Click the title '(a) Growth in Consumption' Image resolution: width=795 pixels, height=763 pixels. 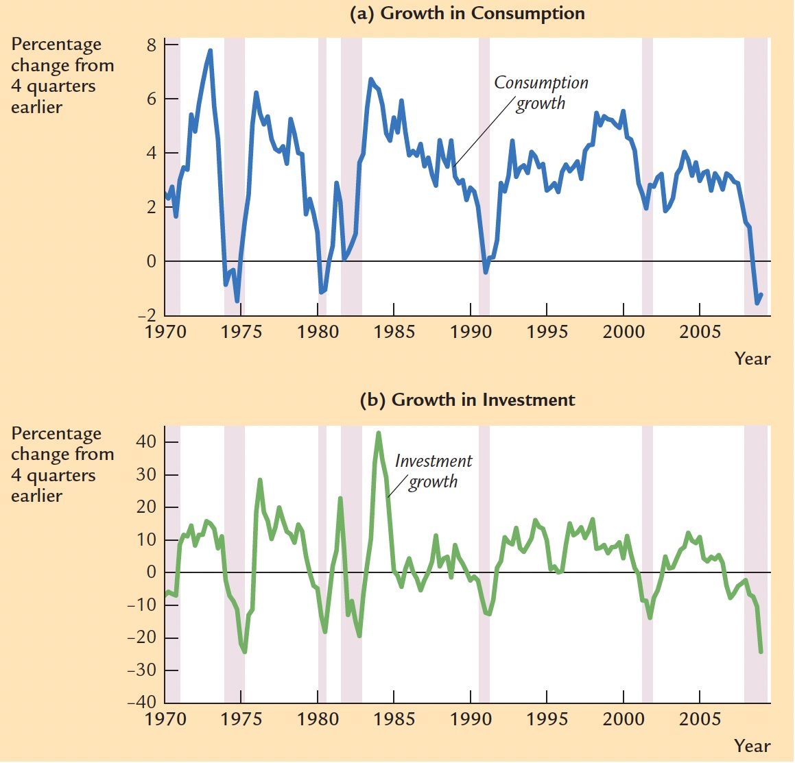467,14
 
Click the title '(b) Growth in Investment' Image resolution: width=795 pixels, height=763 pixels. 467,400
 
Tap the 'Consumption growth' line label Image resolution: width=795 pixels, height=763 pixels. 541,93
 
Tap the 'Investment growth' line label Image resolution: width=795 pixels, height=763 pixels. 434,472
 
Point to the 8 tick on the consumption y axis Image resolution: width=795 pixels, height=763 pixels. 151,45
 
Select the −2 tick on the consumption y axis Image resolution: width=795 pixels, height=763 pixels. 147,316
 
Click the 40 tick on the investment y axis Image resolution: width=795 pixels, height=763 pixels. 147,442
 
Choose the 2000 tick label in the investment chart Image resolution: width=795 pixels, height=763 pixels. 623,719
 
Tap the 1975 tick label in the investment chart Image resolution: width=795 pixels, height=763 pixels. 241,719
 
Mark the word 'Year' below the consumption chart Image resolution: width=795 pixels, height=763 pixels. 752,359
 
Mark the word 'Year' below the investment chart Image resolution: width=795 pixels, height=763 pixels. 752,746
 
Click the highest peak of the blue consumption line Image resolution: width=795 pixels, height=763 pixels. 210,51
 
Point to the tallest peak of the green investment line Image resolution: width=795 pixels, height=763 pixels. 379,433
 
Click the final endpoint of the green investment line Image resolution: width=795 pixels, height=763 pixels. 761,651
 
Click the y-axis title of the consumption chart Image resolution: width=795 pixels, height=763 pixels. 62,75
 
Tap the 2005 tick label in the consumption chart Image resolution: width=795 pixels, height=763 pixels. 700,332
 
